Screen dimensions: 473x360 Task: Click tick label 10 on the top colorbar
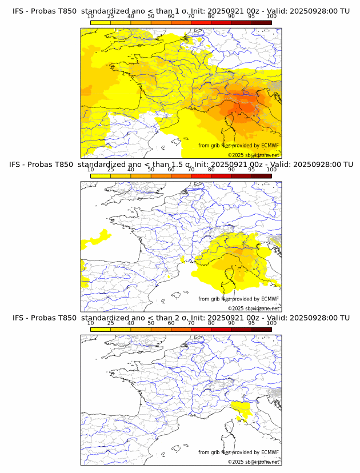91,17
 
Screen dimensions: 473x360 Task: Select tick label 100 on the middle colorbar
271,170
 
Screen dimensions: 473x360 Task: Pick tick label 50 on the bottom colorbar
151,323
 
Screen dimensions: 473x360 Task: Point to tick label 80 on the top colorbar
211,17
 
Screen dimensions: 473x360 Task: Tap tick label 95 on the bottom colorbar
251,323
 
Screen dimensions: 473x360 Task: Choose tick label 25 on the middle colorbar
111,170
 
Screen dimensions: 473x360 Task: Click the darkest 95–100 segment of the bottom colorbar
261,329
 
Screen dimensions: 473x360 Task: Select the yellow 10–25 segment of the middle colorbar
101,176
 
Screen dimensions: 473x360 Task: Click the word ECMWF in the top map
270,146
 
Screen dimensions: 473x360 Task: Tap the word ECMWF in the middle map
270,299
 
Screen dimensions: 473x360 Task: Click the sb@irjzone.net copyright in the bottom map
254,462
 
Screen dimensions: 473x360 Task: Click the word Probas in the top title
45,11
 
